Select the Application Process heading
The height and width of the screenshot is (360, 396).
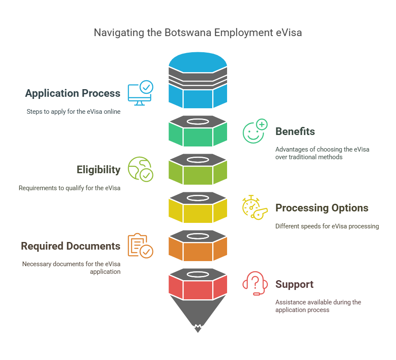pyautogui.click(x=73, y=93)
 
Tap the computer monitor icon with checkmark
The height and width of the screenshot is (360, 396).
pyautogui.click(x=140, y=93)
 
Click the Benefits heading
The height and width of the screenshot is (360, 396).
pyautogui.click(x=295, y=132)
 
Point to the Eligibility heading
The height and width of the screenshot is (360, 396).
pyautogui.click(x=98, y=170)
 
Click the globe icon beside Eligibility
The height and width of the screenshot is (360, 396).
pyautogui.click(x=140, y=169)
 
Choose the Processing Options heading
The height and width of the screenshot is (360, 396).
pyautogui.click(x=322, y=208)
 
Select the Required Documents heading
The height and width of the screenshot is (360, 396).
pyautogui.click(x=70, y=246)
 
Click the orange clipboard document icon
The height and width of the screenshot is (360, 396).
pyautogui.click(x=140, y=246)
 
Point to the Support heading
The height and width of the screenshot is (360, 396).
pyautogui.click(x=294, y=284)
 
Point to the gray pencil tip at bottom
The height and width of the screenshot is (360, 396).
pyautogui.click(x=197, y=316)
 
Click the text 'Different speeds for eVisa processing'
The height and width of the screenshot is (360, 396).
pyautogui.click(x=327, y=226)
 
